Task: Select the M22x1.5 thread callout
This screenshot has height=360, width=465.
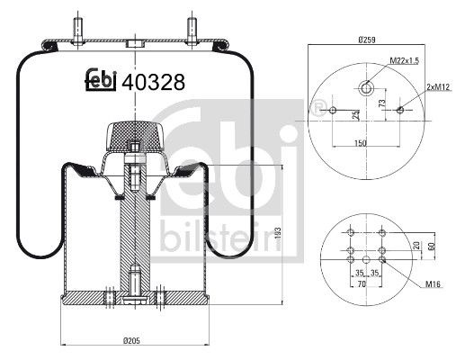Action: (x=407, y=60)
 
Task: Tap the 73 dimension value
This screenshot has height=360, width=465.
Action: (x=384, y=105)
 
